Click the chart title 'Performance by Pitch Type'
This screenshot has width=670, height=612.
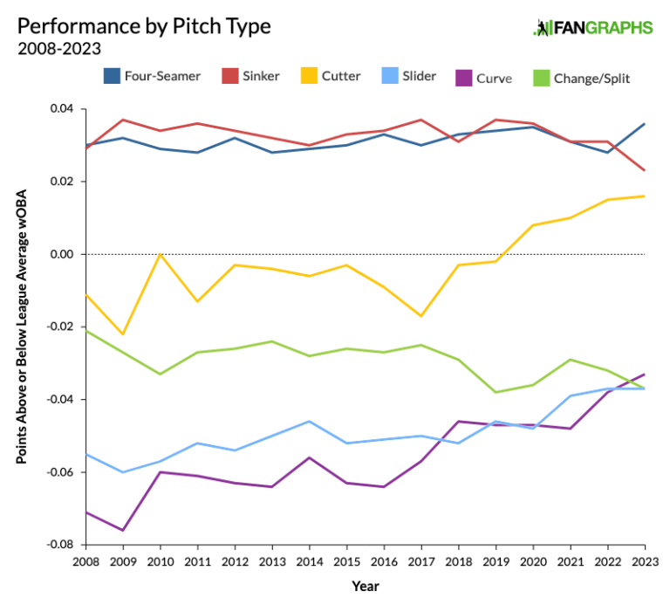pyautogui.click(x=144, y=25)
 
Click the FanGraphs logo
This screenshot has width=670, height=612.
pyautogui.click(x=592, y=27)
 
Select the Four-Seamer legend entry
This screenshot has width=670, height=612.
pyautogui.click(x=153, y=76)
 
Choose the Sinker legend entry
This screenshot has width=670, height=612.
pyautogui.click(x=249, y=76)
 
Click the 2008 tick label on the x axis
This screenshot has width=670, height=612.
pyautogui.click(x=86, y=561)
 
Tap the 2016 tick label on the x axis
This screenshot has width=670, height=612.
pyautogui.click(x=385, y=561)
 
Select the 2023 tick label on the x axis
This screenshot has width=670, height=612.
pyautogui.click(x=644, y=561)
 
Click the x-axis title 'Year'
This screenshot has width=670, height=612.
pyautogui.click(x=366, y=586)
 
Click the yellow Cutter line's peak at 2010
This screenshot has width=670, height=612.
pyautogui.click(x=161, y=254)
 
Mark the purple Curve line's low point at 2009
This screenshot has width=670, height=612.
pyautogui.click(x=123, y=530)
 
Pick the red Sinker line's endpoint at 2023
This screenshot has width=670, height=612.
pyautogui.click(x=645, y=170)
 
